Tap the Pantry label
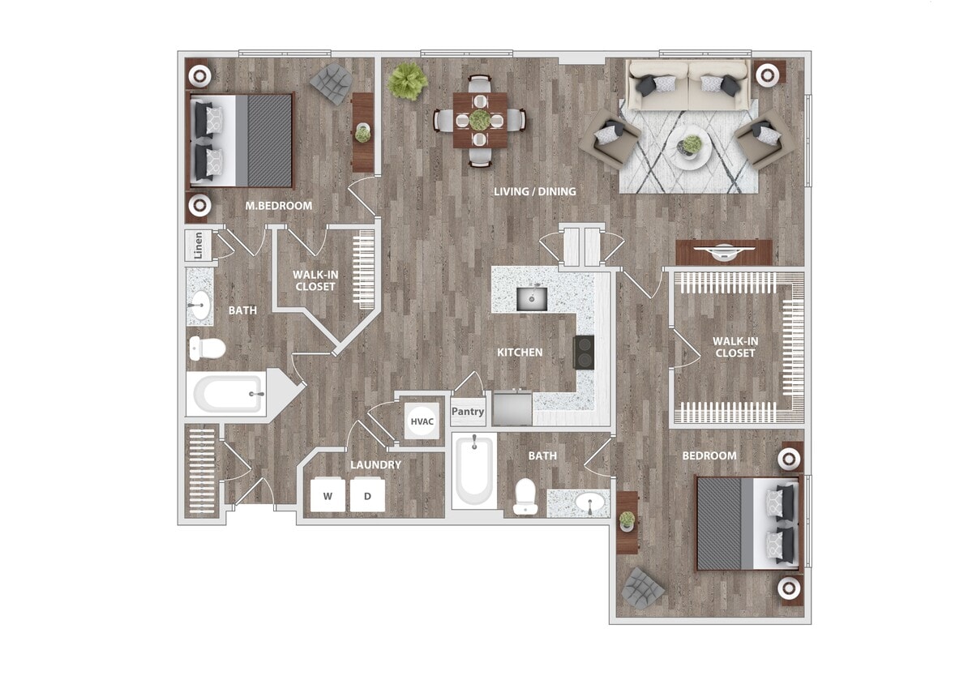click(468, 412)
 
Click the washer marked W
click(328, 495)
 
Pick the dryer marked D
click(367, 495)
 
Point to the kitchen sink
click(532, 298)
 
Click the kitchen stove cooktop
click(585, 352)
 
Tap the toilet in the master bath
click(206, 348)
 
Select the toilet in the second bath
click(525, 496)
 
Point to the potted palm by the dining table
click(408, 82)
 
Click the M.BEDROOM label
click(278, 206)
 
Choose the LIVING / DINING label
click(535, 192)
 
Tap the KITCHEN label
click(520, 353)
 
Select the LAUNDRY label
click(375, 465)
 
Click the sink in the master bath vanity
click(199, 306)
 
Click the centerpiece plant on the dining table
click(480, 119)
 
